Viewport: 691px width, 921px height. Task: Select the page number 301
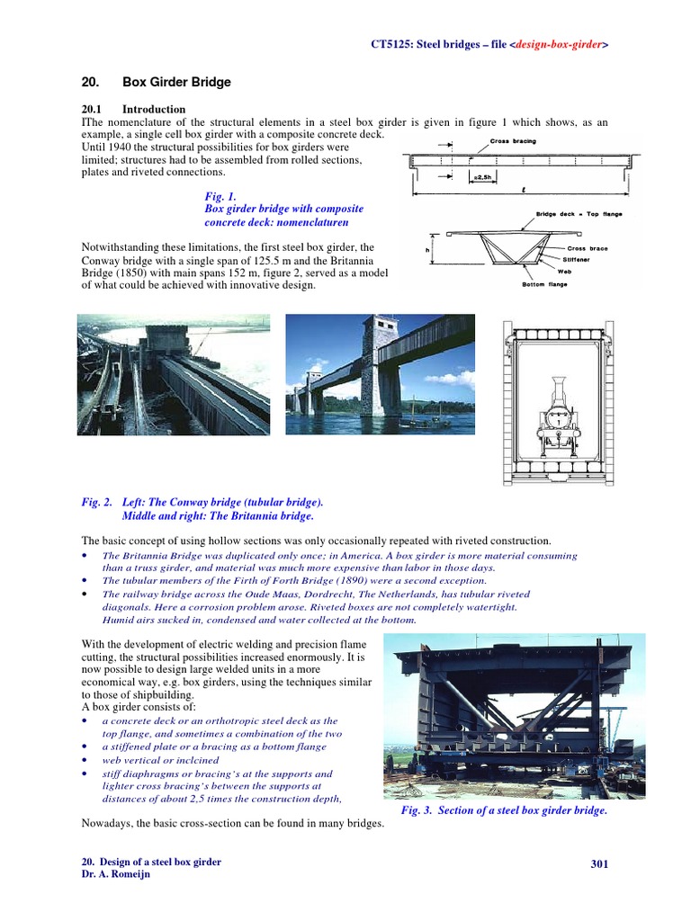point(600,864)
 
